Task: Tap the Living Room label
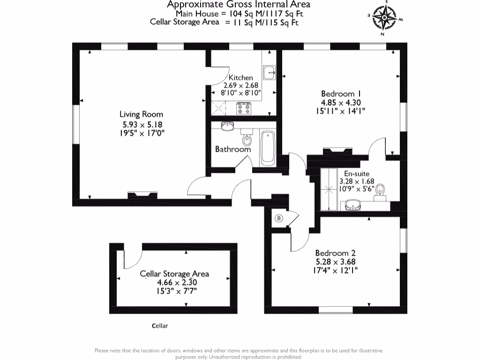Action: (141, 114)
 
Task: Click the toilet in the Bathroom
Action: (247, 140)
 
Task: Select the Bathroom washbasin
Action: (227, 126)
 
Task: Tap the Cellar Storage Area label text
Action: (174, 274)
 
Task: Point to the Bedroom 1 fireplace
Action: (337, 151)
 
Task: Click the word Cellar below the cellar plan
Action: (160, 326)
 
